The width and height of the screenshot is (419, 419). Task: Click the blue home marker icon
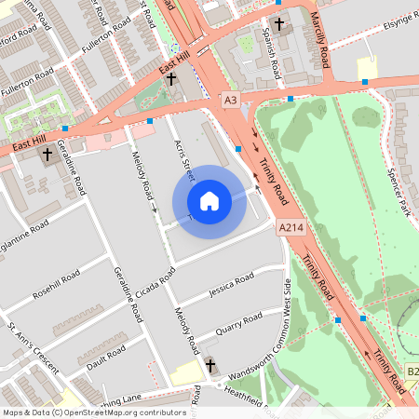209,200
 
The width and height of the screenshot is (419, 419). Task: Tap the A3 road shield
230,100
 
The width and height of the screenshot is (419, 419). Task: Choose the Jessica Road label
231,284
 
